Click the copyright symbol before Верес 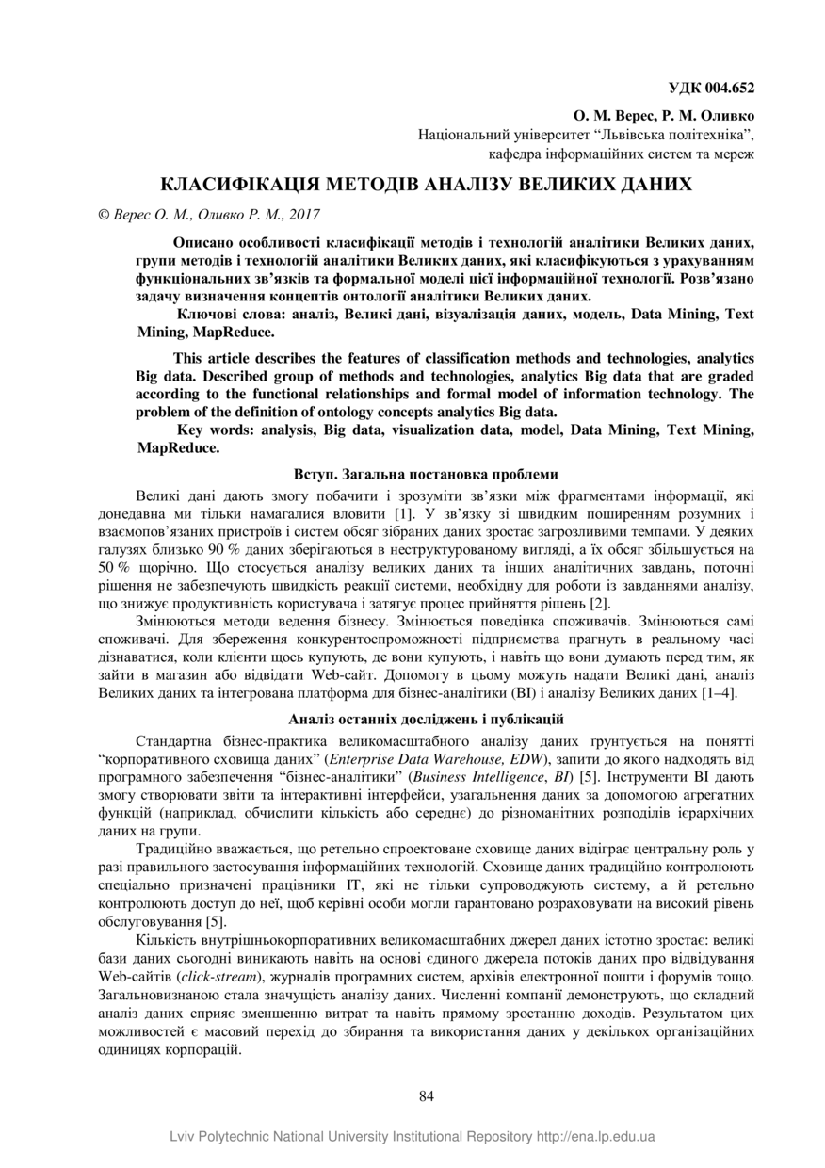[104, 214]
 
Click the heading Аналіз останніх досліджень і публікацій [426, 721]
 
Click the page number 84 [426, 1095]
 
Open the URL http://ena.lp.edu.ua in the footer [596, 1137]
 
